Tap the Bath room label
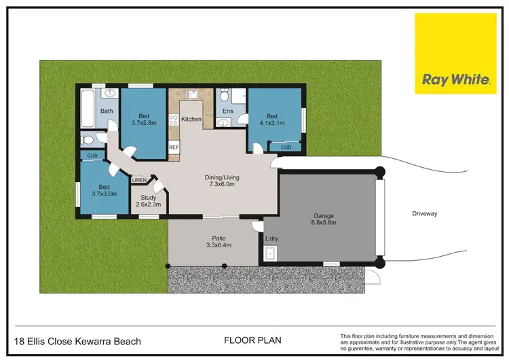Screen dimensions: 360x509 point(107,111)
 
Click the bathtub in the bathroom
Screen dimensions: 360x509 point(88,109)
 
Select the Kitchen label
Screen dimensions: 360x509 point(191,120)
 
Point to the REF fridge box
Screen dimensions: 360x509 point(174,147)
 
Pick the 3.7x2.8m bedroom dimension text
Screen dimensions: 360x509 point(143,122)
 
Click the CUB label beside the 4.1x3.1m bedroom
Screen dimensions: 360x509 point(286,147)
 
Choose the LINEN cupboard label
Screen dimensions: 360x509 point(139,180)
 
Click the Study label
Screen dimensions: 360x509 point(148,198)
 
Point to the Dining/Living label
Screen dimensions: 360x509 point(222,178)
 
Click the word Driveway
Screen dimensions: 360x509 point(425,213)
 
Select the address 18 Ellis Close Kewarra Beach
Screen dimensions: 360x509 point(77,341)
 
